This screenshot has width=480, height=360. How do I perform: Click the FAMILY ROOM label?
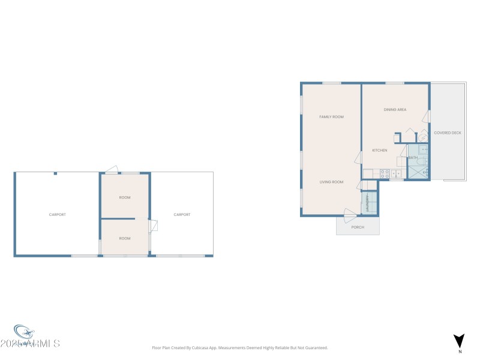point(331,117)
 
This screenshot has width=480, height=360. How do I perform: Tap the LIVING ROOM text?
point(331,182)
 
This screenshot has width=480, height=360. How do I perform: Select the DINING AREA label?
point(395,110)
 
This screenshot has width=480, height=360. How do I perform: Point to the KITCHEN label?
point(379,150)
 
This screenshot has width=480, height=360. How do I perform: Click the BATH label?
point(413,158)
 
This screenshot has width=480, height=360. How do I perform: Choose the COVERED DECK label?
point(448,133)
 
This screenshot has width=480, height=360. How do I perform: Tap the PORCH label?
point(358,227)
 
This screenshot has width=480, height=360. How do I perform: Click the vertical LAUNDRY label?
point(366,203)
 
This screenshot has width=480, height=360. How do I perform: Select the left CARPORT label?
point(58,214)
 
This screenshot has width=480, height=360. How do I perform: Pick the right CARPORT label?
point(182,214)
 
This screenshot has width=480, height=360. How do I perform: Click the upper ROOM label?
point(125,197)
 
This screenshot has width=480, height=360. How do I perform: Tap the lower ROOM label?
point(125,238)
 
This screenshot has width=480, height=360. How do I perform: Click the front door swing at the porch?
point(350,212)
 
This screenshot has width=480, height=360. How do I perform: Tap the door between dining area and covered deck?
point(427,116)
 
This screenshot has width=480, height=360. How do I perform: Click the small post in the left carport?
point(55,173)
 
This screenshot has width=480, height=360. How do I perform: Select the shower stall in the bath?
point(418,172)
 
